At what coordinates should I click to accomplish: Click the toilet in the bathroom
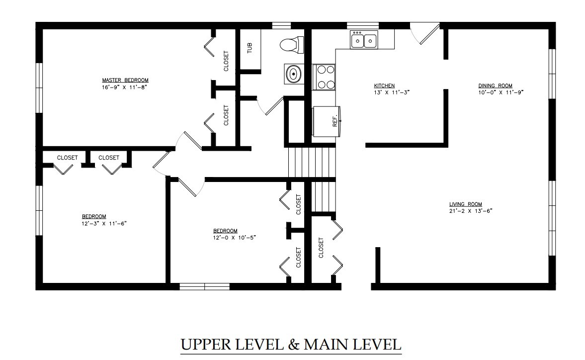click(x=292, y=44)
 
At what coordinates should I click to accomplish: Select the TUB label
click(x=250, y=48)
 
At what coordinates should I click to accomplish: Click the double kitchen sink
click(x=364, y=40)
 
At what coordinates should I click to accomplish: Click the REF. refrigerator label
click(x=335, y=121)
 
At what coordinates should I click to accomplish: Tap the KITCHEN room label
click(x=384, y=86)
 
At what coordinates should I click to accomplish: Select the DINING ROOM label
click(x=496, y=86)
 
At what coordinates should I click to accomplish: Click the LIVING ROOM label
click(x=466, y=204)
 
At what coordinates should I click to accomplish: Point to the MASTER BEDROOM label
click(x=125, y=80)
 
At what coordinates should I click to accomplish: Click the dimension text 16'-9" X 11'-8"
click(x=125, y=88)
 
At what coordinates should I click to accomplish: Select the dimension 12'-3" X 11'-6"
click(x=104, y=223)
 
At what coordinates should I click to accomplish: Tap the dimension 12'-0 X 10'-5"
click(x=235, y=237)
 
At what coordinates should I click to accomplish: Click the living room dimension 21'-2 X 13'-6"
click(x=471, y=211)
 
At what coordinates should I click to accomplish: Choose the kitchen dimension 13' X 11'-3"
click(x=392, y=92)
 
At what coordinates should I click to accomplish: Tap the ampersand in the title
click(x=294, y=344)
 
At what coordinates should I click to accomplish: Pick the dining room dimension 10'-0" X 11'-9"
click(x=501, y=92)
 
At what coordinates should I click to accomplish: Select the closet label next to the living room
click(x=321, y=248)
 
